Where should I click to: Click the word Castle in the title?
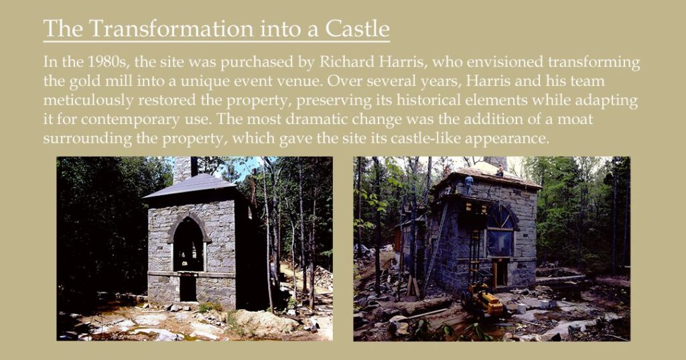click(x=357, y=28)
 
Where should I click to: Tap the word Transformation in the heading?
click(x=171, y=28)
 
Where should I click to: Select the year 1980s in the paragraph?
click(x=107, y=62)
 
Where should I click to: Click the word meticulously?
click(x=88, y=101)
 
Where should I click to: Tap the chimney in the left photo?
click(x=182, y=169)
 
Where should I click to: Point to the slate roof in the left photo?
click(x=190, y=186)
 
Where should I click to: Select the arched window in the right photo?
click(x=500, y=231)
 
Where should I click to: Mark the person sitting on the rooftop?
click(x=500, y=170)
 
